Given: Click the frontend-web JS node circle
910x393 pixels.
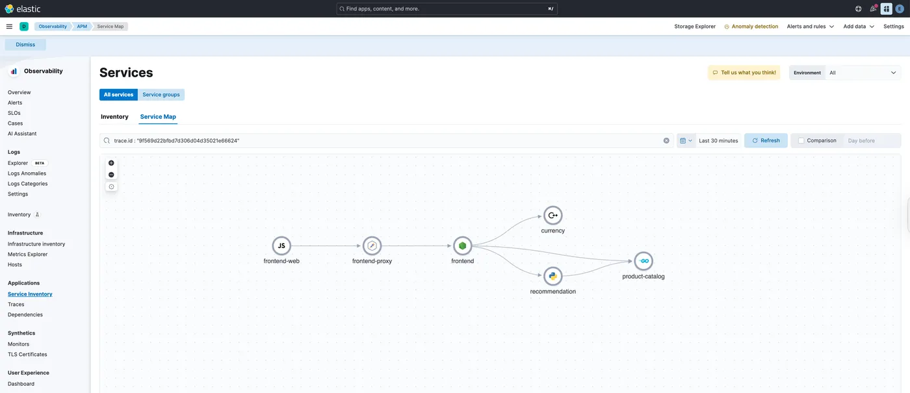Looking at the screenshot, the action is pos(281,246).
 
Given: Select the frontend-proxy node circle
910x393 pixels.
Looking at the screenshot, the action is pos(372,246).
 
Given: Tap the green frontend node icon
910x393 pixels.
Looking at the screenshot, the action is pos(462,246).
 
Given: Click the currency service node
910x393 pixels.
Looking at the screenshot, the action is pos(553,215).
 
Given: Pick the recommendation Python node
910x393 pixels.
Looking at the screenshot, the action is pos(553,276).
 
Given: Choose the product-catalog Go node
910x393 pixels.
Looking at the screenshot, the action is pos(643,261).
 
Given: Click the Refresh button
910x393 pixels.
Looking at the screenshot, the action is pos(766,140).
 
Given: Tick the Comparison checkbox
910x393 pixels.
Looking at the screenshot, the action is pos(801,140).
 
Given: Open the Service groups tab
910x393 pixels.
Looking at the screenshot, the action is pos(161,95).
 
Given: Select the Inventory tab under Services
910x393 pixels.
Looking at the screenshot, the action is pos(114,116).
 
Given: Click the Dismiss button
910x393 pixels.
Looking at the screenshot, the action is pos(25,45).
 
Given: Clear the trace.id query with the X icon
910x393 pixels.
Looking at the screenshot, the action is pos(666,140).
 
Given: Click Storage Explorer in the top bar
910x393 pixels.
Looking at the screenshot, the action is pos(695,27).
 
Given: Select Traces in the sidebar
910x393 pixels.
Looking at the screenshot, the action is pos(16,304).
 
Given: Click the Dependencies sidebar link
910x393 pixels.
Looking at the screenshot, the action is pos(25,314).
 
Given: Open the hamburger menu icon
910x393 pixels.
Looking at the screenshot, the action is pos(9,27).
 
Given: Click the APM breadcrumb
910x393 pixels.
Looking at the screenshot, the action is pos(82,27).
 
